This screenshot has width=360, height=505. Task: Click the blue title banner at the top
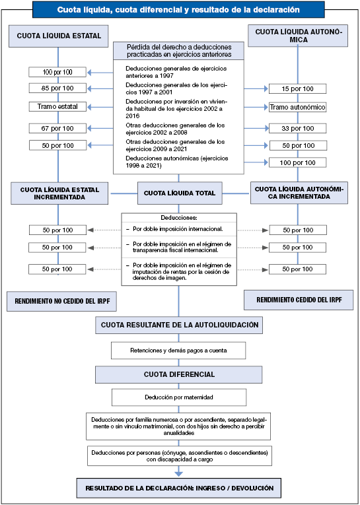[x=178, y=10]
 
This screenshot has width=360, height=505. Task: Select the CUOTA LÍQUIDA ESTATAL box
[x=59, y=36]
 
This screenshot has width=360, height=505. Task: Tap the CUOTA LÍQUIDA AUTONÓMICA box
[x=299, y=36]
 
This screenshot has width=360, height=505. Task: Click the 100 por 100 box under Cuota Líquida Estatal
[x=57, y=72]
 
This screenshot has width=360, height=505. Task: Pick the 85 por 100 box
[x=57, y=88]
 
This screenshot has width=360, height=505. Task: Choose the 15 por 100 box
[x=297, y=88]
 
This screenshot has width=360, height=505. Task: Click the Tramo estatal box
[x=57, y=106]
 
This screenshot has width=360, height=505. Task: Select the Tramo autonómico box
[x=297, y=107]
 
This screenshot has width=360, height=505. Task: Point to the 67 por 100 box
[x=57, y=128]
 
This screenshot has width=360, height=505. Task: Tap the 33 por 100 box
[x=297, y=129]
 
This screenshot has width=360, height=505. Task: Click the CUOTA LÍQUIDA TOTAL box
[x=180, y=193]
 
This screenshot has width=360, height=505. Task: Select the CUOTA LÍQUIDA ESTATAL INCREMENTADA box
[x=59, y=193]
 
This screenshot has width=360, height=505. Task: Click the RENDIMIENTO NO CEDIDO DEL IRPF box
[x=61, y=301]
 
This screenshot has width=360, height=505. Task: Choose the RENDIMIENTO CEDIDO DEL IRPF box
[x=299, y=300]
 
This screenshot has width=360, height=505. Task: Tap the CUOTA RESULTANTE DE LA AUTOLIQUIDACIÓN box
[x=179, y=325]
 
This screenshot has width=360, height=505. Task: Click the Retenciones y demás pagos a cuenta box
[x=178, y=351]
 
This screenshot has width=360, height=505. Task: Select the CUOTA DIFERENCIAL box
[x=179, y=374]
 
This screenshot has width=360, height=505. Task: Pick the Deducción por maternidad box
[x=179, y=397]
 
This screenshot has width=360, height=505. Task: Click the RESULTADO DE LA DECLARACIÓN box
[x=179, y=488]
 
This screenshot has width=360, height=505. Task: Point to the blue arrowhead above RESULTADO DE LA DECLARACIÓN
[x=178, y=474]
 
